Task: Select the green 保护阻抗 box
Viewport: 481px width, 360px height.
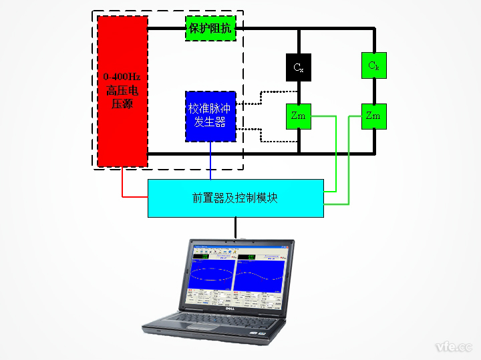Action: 210,28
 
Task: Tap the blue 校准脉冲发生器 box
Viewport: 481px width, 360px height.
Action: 210,116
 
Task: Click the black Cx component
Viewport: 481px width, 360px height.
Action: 298,67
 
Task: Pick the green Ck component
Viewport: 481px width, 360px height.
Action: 373,65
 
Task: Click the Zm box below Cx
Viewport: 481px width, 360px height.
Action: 298,116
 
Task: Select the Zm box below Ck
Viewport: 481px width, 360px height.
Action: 373,116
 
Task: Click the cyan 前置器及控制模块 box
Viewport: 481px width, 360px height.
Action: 235,198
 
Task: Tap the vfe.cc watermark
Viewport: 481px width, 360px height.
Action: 453,347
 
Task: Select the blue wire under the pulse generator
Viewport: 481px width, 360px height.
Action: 210,160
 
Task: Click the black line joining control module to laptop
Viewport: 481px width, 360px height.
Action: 235,227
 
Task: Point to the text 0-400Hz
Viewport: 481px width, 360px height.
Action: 122,76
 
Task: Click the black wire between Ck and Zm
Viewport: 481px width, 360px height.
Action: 373,91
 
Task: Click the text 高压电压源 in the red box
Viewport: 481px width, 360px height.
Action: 122,98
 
